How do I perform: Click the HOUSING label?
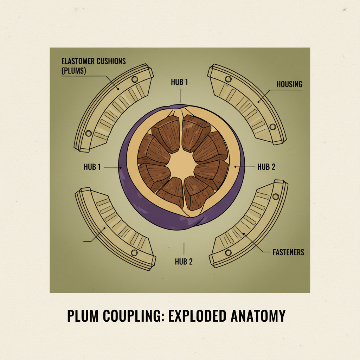289,85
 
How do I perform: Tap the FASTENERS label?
288,252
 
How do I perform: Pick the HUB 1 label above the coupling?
179,83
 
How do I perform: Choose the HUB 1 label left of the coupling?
92,167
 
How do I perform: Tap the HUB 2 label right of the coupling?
266,167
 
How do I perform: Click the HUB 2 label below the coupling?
184,262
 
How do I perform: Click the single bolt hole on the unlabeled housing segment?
134,253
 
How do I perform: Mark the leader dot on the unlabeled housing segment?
104,229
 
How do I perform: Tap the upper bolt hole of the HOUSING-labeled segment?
228,78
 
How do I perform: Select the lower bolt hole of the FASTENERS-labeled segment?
228,252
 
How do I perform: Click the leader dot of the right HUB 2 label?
235,166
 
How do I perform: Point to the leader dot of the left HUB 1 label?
121,168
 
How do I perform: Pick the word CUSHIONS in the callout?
110,61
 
